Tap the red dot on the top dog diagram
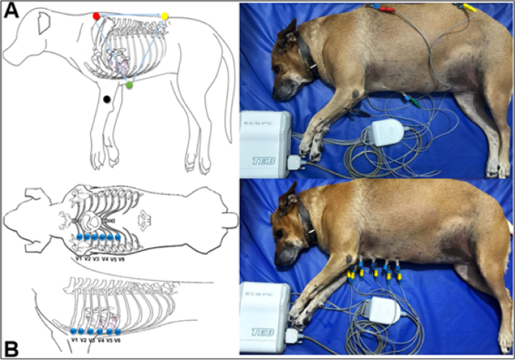coord(96,16)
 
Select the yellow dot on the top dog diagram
coord(165,16)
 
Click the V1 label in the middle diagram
coord(78,259)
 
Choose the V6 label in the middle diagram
coord(122,259)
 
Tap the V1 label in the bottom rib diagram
coord(74,340)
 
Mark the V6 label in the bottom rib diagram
coord(118,340)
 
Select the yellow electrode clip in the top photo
coord(467,8)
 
